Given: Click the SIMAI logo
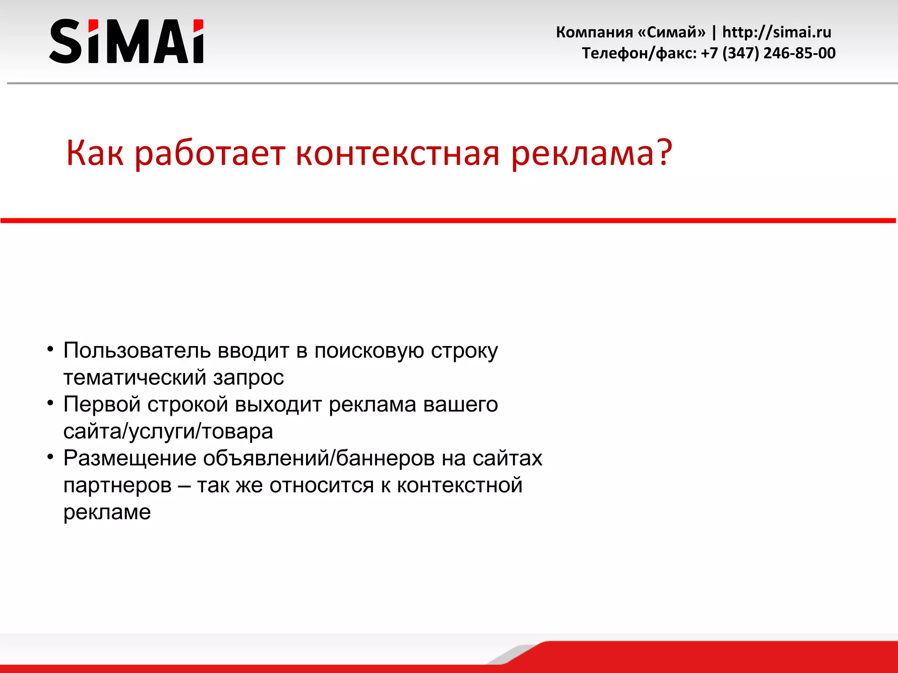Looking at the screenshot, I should pos(126,41).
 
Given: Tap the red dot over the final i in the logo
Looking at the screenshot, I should pos(199,25).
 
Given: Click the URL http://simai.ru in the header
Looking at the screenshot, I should pos(777,32).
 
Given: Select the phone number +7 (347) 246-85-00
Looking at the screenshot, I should pos(768,53).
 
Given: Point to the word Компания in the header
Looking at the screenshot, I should pos(594,32).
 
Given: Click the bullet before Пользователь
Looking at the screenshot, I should pos(50,349).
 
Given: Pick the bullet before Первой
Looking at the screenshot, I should pos(50,403).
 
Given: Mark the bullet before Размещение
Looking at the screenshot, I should pos(50,457).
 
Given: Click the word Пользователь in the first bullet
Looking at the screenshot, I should pos(137,351).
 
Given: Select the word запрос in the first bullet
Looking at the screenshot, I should pos(249,378).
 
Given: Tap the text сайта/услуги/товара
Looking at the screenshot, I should pos(168,432).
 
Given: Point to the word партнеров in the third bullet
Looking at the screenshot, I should pos(118,485).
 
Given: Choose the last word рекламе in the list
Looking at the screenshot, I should pos(107,512).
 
